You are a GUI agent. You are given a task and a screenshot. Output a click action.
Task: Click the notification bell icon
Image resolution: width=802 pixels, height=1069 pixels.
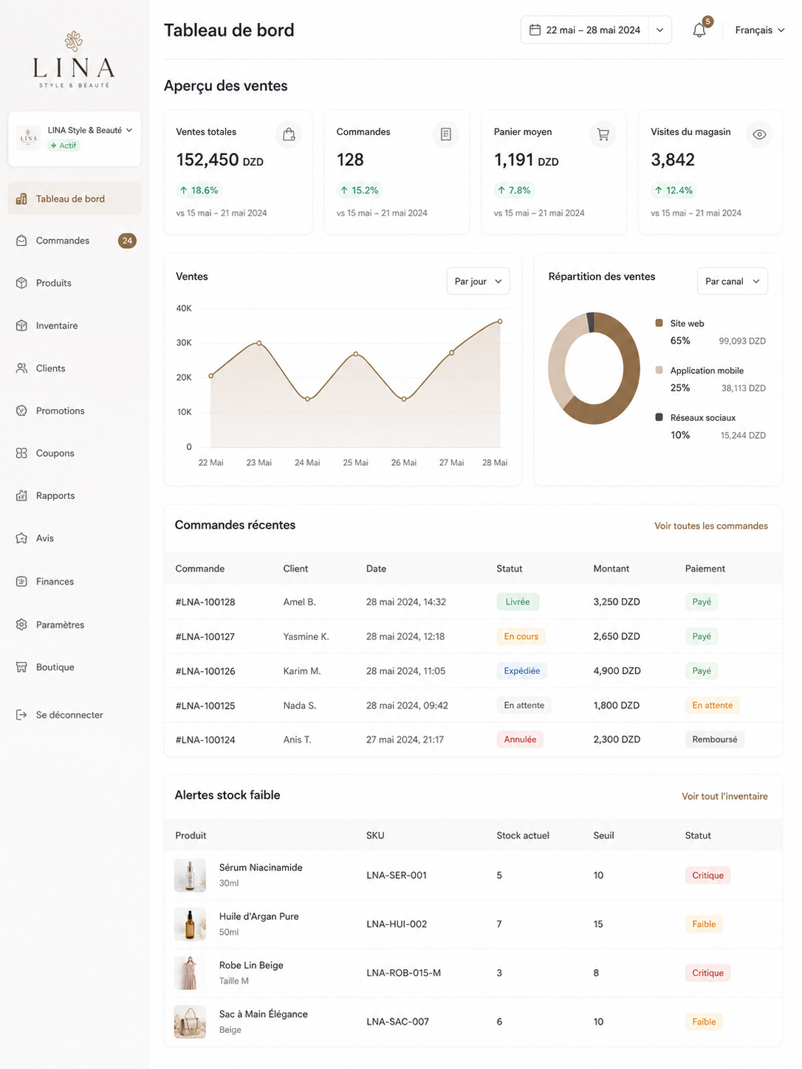click(699, 30)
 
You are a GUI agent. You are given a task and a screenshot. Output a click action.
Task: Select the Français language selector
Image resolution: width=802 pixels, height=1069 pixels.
click(759, 30)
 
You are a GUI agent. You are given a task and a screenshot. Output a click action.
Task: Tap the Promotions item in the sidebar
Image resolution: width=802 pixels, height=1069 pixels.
click(60, 410)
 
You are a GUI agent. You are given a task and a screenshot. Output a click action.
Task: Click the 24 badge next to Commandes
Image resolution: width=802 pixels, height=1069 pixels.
click(127, 241)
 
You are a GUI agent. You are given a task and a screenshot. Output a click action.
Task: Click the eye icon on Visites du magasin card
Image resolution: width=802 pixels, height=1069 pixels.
click(758, 134)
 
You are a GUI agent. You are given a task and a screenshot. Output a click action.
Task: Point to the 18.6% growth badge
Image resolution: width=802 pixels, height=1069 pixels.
click(199, 190)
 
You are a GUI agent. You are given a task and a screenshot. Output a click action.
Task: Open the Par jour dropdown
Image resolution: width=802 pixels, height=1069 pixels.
click(478, 281)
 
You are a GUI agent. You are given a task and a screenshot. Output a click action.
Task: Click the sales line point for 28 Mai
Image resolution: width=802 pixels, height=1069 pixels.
click(500, 321)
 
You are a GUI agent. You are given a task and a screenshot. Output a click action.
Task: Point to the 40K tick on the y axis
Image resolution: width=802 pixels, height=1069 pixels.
click(184, 309)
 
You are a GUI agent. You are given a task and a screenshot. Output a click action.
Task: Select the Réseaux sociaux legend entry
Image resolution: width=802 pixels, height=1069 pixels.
click(702, 417)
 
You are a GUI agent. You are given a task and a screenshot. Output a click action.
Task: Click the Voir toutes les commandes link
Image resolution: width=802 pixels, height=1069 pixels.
click(710, 526)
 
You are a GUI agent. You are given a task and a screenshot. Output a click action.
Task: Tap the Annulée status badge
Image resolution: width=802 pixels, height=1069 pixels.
click(520, 739)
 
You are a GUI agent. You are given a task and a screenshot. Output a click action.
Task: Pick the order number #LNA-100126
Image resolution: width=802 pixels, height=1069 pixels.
click(205, 671)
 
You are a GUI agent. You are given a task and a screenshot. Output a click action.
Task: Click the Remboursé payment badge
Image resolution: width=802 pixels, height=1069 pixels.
click(714, 739)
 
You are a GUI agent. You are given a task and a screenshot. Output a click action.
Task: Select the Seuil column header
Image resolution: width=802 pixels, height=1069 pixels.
click(603, 835)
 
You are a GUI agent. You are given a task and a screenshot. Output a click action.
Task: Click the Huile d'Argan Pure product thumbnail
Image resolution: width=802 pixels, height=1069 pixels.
click(190, 924)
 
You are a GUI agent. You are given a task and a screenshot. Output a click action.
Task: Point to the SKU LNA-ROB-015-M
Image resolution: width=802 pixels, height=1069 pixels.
click(403, 972)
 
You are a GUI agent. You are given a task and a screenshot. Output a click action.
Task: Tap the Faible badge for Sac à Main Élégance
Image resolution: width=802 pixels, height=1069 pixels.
click(703, 1021)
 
